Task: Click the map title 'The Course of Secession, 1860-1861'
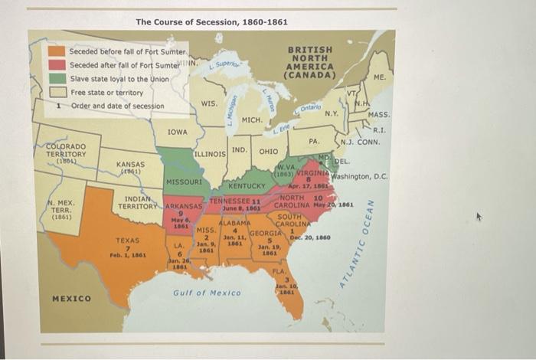pos(211,21)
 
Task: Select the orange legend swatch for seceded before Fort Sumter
pos(57,51)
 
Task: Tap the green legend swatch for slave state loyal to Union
pos(57,78)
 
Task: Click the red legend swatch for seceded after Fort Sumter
pos(57,65)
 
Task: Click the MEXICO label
pos(70,298)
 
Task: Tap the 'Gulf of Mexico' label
pos(207,293)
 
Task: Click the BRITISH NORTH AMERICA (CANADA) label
pos(310,63)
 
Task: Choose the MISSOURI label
pos(184,183)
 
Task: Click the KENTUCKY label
pos(246,186)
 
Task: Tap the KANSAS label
pos(131,165)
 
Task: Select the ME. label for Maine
pos(380,77)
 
